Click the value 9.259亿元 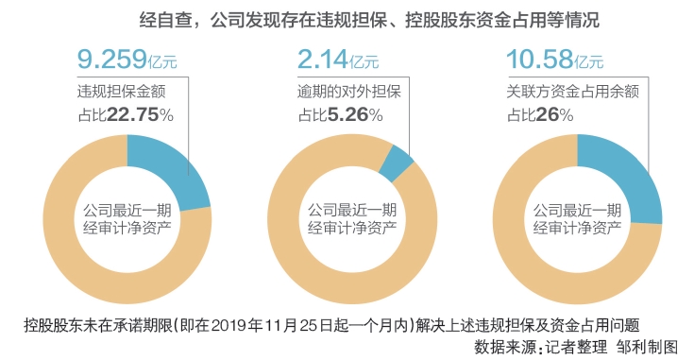(126, 62)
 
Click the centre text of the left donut (126, 217)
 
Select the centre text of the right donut (577, 217)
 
